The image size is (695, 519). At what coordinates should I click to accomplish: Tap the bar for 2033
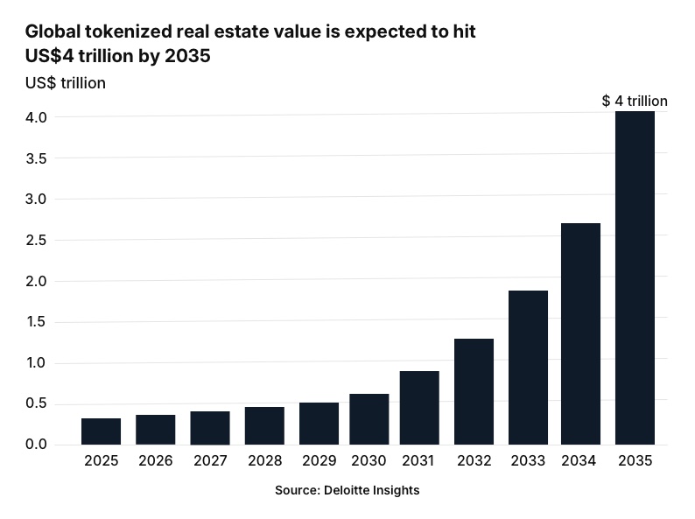(528, 368)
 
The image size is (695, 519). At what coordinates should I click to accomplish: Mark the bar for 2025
(101, 431)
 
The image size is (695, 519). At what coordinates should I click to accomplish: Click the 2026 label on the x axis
(155, 460)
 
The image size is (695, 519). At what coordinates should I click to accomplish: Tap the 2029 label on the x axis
(319, 460)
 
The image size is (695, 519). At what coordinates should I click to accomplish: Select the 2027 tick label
(209, 460)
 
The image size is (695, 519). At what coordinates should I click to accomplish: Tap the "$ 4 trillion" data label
(635, 102)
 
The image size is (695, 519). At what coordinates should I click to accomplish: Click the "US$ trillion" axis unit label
(66, 83)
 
